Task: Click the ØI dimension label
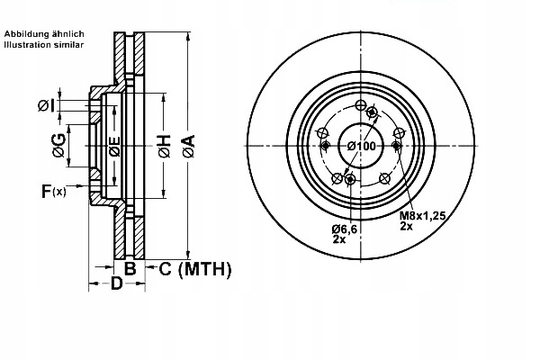(47, 105)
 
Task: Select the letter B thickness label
(130, 268)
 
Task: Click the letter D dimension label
(116, 285)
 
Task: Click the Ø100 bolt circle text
(362, 147)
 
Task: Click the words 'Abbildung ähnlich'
(45, 33)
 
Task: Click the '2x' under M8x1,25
(408, 228)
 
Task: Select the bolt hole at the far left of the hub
(323, 146)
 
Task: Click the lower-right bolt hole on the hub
(384, 178)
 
